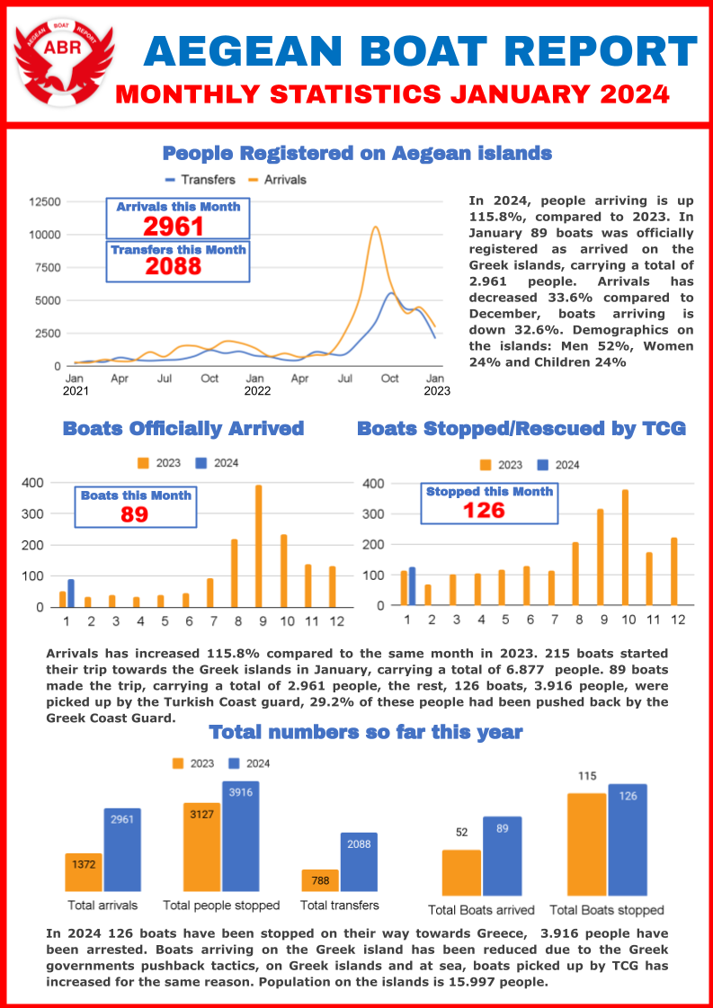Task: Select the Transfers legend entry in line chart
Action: click(200, 180)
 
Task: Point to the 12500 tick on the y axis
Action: click(45, 201)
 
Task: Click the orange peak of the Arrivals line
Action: click(374, 227)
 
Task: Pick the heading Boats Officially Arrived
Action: click(183, 428)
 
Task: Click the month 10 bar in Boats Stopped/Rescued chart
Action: click(625, 547)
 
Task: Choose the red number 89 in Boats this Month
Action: click(134, 514)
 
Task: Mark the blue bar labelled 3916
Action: click(240, 836)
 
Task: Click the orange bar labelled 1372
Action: click(84, 872)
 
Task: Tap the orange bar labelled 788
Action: click(319, 881)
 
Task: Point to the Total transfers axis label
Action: click(339, 905)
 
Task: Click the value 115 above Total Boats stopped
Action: click(587, 776)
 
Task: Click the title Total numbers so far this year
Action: click(365, 732)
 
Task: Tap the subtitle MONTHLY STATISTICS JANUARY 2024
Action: click(392, 94)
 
